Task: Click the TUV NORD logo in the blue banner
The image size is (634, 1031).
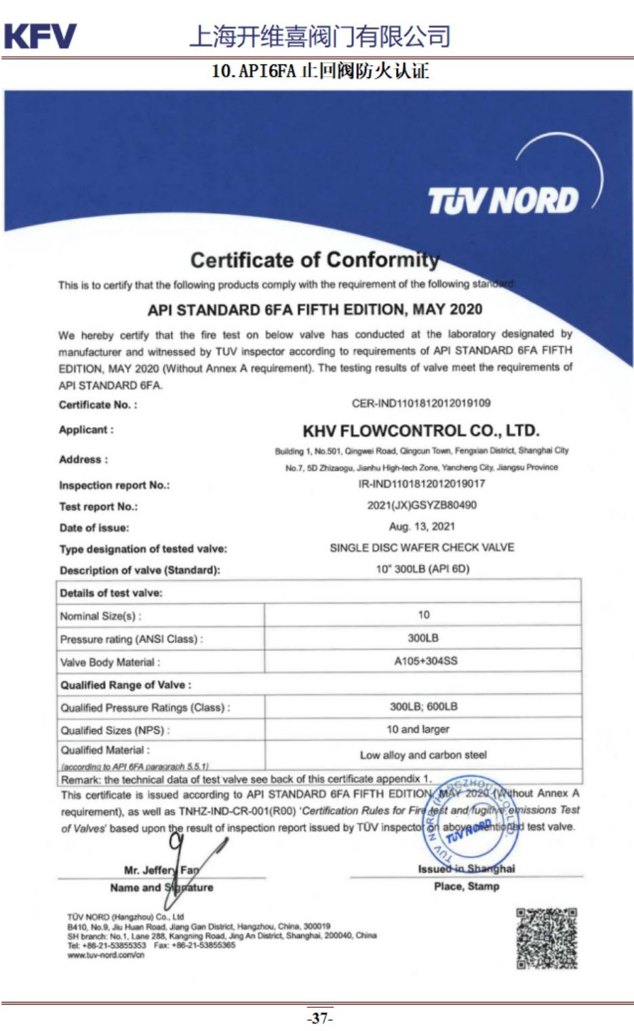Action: click(502, 200)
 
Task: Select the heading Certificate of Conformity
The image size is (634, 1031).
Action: click(315, 260)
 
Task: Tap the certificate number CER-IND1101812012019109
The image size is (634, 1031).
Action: click(420, 404)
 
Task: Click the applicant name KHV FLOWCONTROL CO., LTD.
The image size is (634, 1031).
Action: click(420, 431)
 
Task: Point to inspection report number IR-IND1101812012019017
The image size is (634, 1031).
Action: click(421, 484)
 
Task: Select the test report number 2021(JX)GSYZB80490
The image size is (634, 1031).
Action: click(421, 505)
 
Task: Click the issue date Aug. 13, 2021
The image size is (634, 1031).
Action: click(422, 526)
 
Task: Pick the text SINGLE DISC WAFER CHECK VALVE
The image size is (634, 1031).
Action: click(422, 547)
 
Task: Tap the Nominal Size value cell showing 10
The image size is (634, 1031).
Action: click(423, 615)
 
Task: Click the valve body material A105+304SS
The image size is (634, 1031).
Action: click(425, 661)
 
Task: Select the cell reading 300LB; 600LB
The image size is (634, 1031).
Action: click(423, 707)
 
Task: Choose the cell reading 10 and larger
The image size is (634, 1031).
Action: click(418, 729)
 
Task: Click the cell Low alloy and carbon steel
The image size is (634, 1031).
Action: click(423, 755)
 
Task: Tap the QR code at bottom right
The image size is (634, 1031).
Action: click(547, 938)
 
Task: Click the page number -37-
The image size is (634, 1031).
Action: click(319, 1018)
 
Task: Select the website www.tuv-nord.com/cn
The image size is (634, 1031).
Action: click(106, 955)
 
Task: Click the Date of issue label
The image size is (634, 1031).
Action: click(94, 528)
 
